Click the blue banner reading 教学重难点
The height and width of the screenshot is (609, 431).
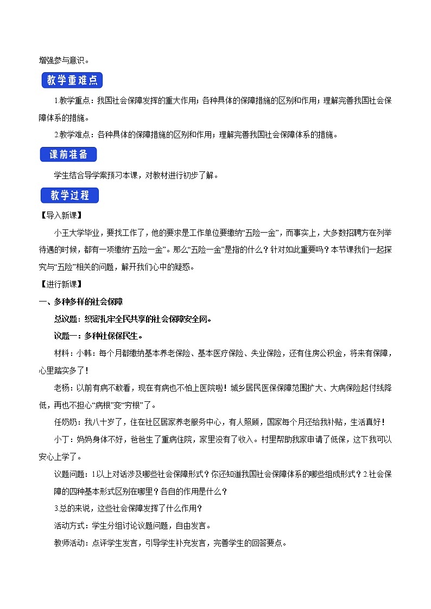tap(72, 81)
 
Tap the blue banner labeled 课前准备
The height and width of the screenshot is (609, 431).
tap(68, 155)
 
